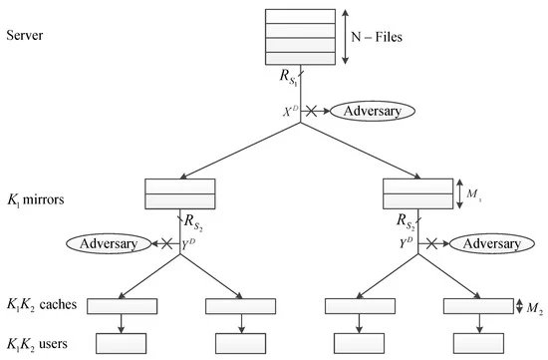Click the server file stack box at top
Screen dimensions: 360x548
click(x=299, y=36)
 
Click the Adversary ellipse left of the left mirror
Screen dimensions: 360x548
click(x=105, y=243)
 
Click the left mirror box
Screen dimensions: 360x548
click(x=180, y=192)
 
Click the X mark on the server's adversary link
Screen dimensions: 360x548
click(x=315, y=111)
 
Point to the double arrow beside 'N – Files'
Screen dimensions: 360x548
click(x=345, y=36)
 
